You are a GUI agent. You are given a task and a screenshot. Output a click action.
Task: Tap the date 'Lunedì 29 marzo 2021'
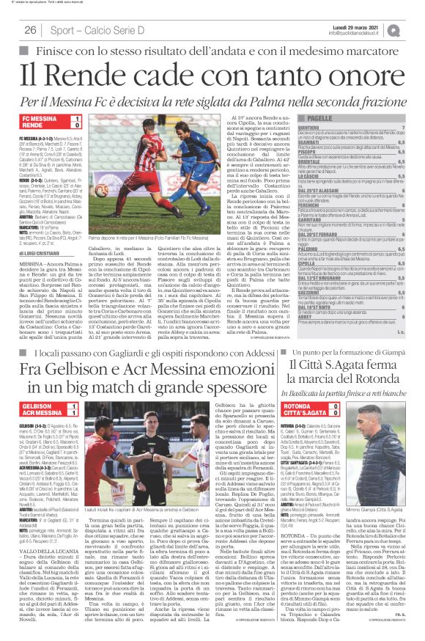[x=371, y=26]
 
